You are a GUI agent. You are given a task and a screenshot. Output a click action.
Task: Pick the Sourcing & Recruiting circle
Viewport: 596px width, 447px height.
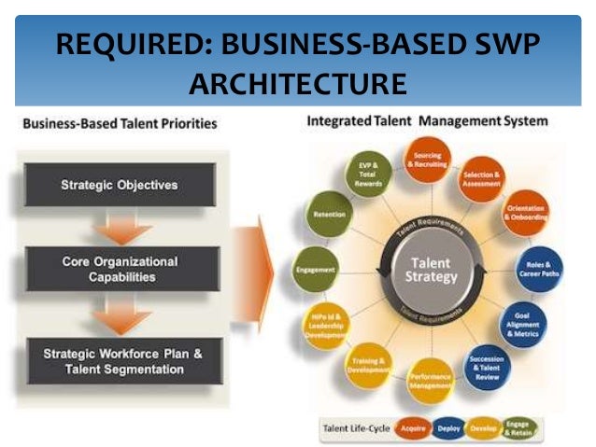pos(428,159)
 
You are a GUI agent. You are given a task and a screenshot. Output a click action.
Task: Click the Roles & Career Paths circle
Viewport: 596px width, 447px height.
pos(541,268)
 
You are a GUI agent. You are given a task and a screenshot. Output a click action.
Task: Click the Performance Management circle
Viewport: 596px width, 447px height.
pos(431,377)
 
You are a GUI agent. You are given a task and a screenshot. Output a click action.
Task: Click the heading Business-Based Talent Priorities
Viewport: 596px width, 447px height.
pos(119,123)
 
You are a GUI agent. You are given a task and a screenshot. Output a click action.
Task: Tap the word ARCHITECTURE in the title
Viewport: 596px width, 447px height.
pos(297,84)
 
